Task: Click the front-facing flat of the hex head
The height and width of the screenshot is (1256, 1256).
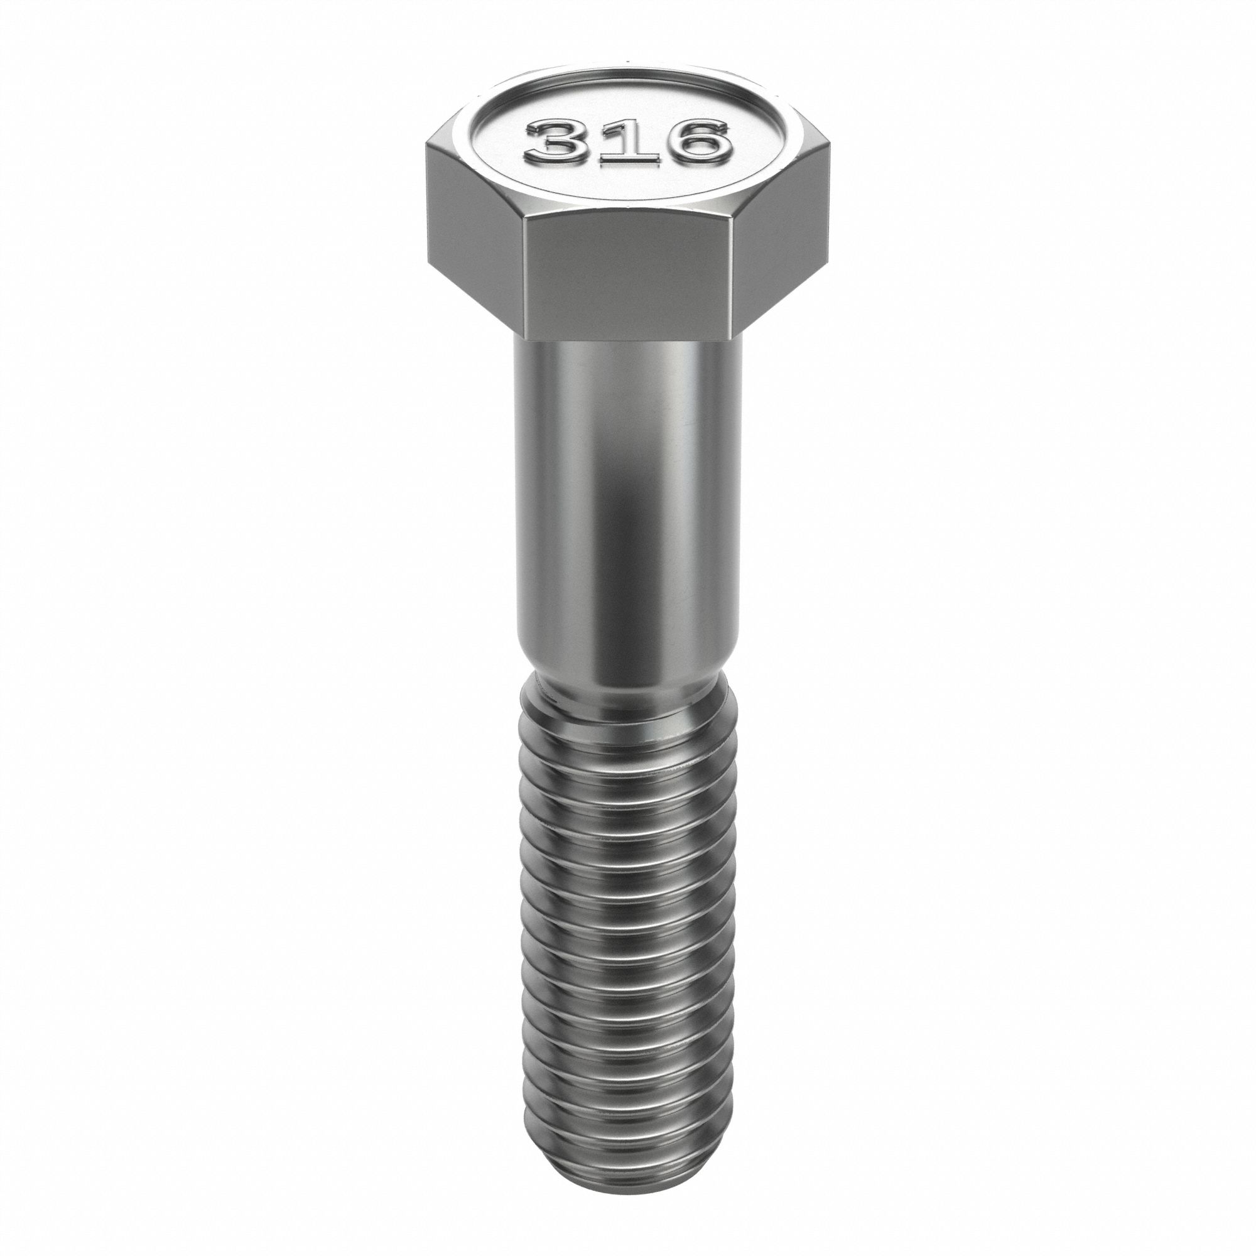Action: click(x=629, y=276)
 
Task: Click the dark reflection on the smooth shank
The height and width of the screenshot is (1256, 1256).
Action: click(x=634, y=514)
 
